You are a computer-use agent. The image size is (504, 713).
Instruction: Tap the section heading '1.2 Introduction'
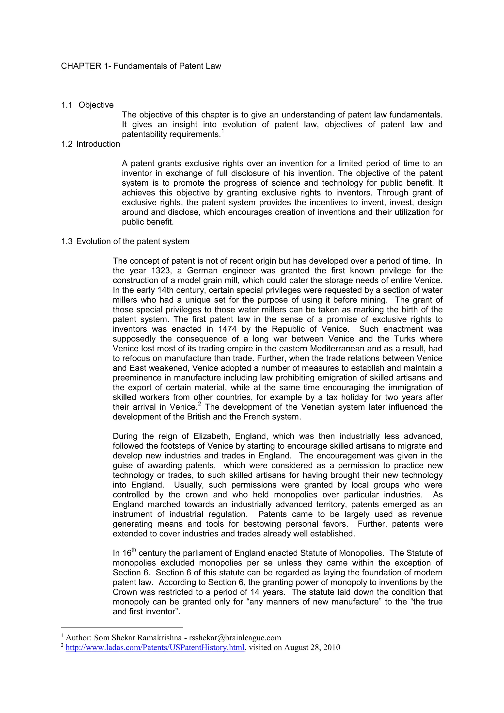tap(90, 144)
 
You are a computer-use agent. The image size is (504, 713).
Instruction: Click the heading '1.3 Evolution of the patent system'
tap(125, 242)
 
